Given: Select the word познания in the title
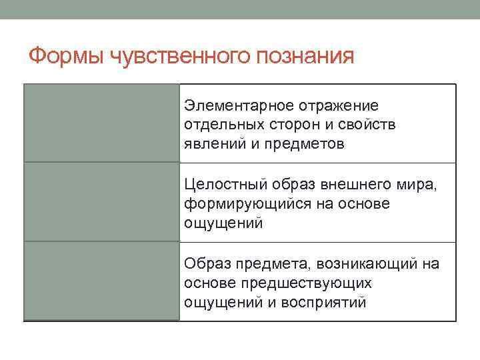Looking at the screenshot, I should click(307, 56).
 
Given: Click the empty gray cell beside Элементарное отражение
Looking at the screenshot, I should click(101, 123).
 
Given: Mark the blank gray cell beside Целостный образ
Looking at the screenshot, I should click(101, 202).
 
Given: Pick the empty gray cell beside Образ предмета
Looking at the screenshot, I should click(101, 281).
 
